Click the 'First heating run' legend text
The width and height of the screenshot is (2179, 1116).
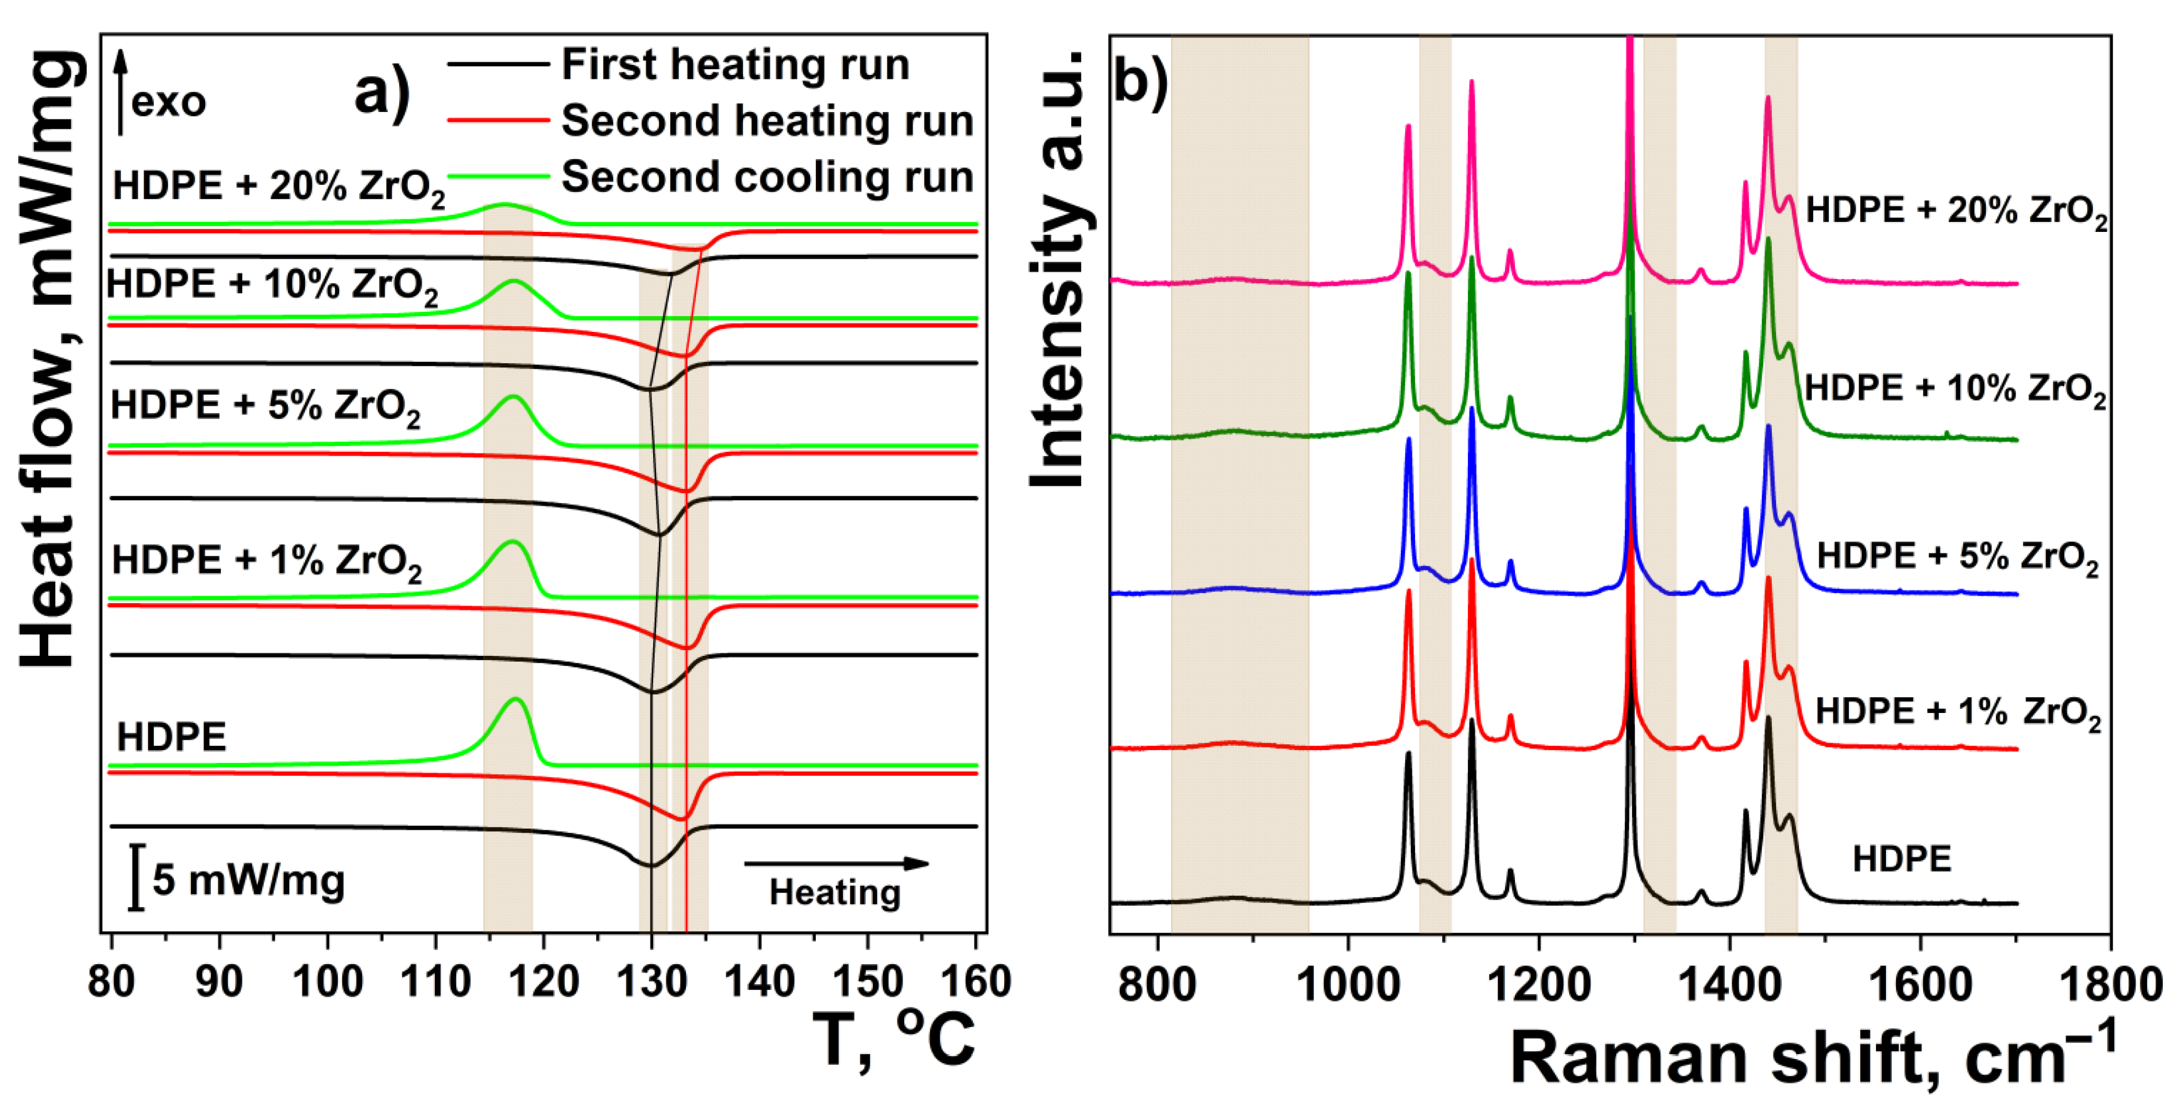coord(735,64)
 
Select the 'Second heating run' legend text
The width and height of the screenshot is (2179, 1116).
coord(767,120)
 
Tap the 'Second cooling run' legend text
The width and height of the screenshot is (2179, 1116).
coord(767,177)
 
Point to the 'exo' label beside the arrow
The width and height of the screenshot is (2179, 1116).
coord(169,103)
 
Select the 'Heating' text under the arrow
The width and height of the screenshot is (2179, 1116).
coord(835,892)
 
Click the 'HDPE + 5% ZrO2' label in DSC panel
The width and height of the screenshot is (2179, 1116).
coord(265,406)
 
